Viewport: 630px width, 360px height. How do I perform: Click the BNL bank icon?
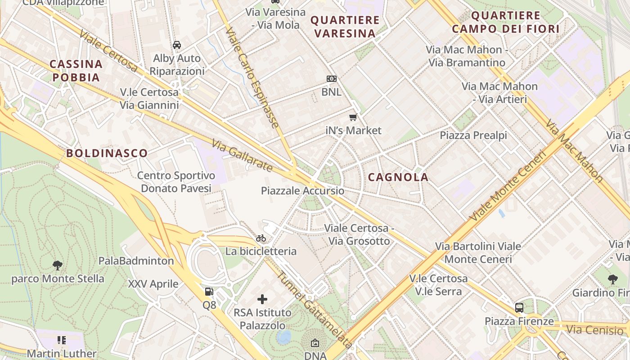coord(332,79)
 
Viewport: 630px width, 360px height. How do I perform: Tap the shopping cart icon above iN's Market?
coord(353,117)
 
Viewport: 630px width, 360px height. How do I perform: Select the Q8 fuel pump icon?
coord(209,292)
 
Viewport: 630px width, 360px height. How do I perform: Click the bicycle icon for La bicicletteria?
coord(261,238)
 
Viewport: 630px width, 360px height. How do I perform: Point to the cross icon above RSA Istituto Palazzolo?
coord(262,299)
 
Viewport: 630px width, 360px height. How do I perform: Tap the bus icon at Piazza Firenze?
coord(519,308)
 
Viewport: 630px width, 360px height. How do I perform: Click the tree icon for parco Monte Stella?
coord(58,265)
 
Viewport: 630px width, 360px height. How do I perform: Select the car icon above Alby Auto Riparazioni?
coord(177,45)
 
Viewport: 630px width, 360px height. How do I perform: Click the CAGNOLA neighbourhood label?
coord(398,177)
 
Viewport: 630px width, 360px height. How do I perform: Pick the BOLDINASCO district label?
coord(107,153)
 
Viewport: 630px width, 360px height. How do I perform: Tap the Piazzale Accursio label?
coord(302,191)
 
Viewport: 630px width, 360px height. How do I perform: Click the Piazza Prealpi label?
coord(473,135)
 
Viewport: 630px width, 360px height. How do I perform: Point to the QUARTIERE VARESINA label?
coord(345,27)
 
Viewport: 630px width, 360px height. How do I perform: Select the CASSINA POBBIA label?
coord(76,71)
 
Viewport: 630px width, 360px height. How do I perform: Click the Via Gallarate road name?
coord(242,155)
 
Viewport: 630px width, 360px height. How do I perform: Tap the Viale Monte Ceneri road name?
coord(507,185)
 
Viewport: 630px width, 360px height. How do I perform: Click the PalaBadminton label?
coord(136,261)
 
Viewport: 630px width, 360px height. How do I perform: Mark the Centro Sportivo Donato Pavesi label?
coord(176,182)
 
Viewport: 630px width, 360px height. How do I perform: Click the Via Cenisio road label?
coord(594,330)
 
